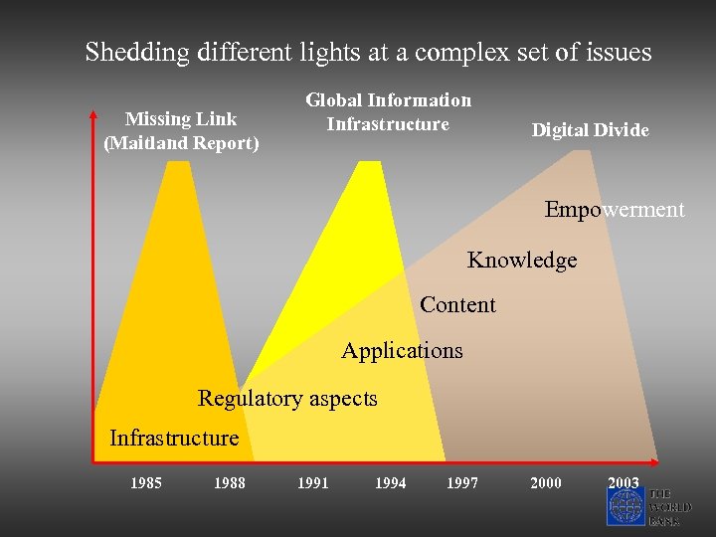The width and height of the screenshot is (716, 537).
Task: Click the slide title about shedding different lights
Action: point(368,52)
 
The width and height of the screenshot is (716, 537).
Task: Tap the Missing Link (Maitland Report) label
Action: point(181,131)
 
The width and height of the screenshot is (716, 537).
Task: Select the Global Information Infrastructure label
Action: point(388,111)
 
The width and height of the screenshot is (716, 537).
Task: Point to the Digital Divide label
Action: point(590,130)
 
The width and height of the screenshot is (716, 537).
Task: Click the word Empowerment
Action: point(615,210)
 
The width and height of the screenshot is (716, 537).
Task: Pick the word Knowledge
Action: point(522,261)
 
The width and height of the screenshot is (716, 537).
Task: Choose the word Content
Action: point(457,304)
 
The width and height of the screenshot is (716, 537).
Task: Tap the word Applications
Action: point(402,350)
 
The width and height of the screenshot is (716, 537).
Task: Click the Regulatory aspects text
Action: point(287,399)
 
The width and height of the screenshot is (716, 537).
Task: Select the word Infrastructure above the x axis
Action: point(174,439)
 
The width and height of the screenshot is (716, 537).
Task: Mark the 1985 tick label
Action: point(147,483)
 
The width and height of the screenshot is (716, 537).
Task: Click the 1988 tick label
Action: point(230,483)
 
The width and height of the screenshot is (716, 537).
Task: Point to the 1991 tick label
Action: point(313,483)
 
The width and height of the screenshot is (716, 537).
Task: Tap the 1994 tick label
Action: point(390,483)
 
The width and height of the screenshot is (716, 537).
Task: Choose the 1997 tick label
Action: point(462,483)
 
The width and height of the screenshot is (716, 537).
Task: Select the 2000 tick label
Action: point(545,483)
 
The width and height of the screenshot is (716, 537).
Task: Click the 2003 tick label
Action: point(624,483)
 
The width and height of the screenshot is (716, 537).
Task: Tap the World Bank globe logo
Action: point(626,506)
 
